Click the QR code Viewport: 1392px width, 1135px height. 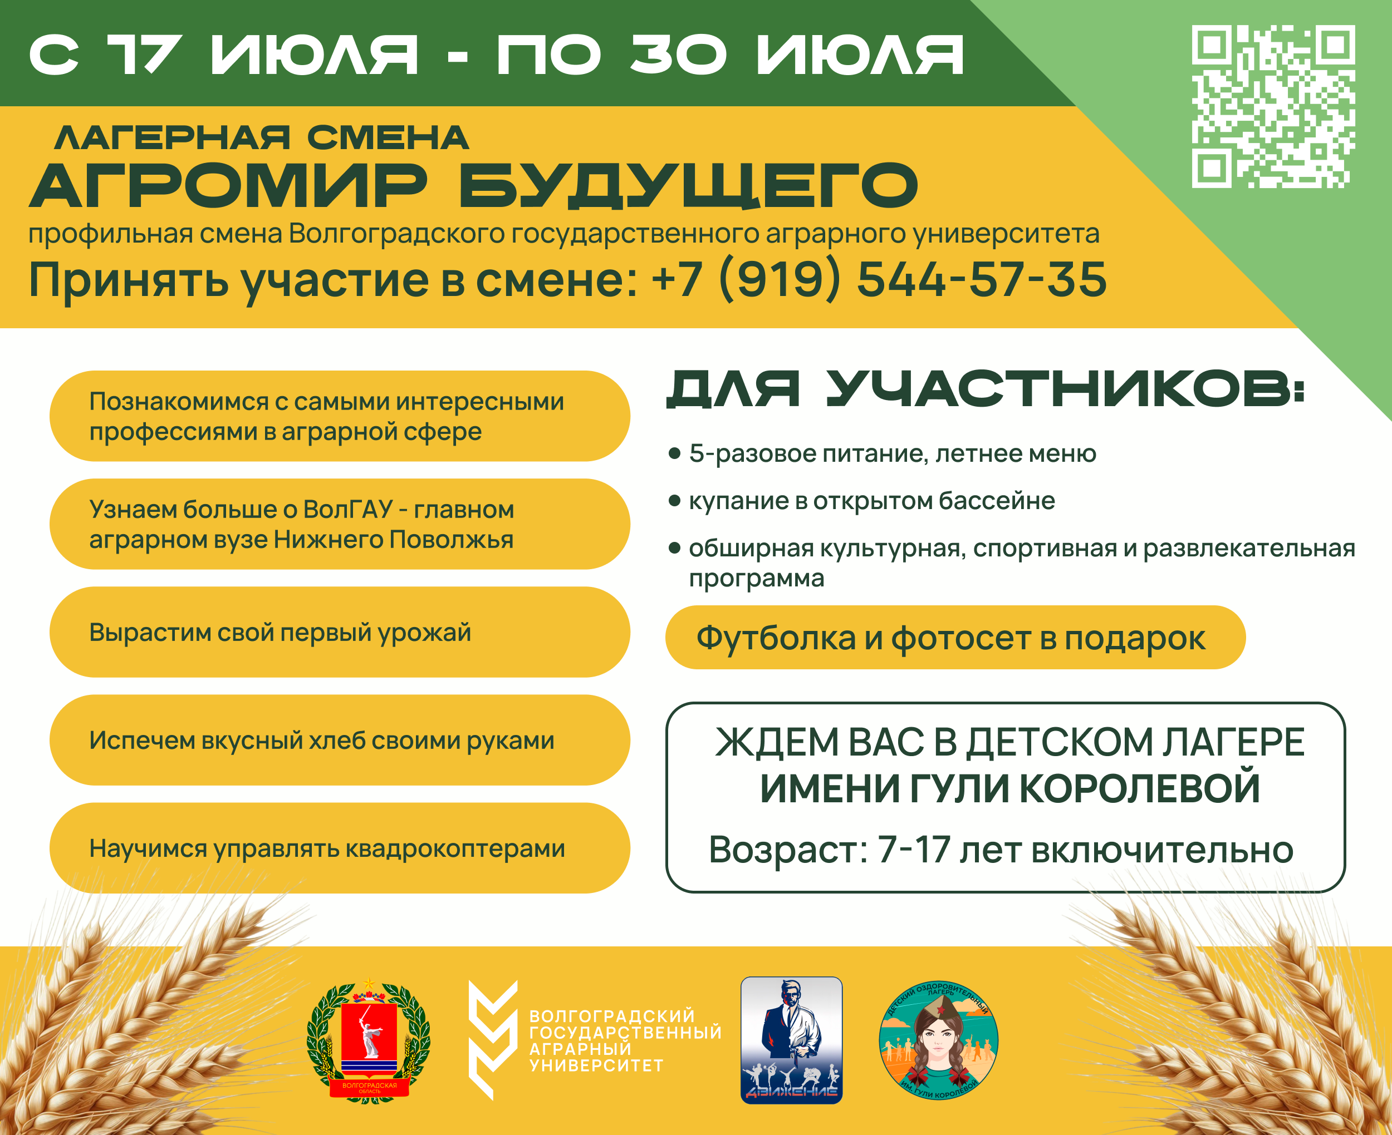(x=1273, y=107)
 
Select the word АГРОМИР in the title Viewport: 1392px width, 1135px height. (x=229, y=186)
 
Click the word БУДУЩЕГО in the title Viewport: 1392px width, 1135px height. (x=688, y=186)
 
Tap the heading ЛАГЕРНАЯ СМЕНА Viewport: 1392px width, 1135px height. (x=262, y=138)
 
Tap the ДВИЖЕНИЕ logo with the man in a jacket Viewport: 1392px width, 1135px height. (x=792, y=1040)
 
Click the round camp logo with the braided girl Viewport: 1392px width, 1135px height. (x=939, y=1040)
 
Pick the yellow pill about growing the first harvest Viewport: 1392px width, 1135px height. (x=340, y=632)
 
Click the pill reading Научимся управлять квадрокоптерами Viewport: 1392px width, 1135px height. (x=340, y=848)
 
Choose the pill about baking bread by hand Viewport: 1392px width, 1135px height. (x=340, y=740)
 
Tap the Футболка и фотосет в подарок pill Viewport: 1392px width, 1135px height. (x=955, y=638)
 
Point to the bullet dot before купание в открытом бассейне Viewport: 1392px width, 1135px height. (x=674, y=501)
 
